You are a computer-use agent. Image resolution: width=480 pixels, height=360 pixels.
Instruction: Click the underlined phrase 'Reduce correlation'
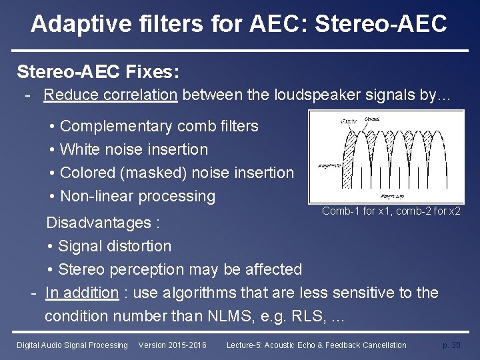point(111,95)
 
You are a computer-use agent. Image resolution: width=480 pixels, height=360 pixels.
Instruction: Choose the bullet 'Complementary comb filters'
point(159,126)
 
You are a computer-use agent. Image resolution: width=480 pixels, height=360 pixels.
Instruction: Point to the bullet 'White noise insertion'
point(133,149)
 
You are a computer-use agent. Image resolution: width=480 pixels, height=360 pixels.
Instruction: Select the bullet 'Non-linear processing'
point(137,196)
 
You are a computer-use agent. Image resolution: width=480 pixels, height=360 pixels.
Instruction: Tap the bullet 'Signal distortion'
point(115,246)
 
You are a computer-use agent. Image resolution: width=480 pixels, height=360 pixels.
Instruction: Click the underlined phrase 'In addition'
point(82,293)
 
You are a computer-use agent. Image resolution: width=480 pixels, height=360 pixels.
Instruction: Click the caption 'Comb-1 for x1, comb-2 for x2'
point(391,211)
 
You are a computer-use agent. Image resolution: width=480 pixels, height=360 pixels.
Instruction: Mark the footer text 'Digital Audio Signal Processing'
point(72,345)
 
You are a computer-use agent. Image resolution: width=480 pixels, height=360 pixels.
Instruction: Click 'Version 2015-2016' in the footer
point(172,345)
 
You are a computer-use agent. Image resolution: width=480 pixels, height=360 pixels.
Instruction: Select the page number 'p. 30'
point(451,345)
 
